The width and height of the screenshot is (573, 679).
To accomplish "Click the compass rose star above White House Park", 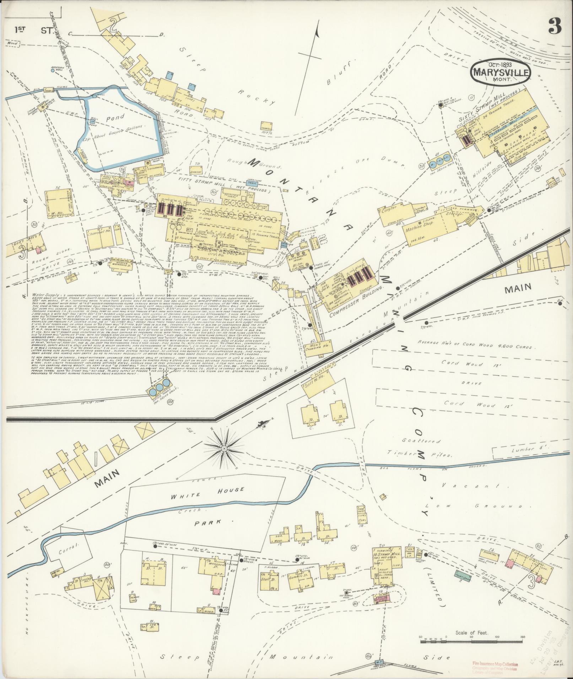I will coord(224,449).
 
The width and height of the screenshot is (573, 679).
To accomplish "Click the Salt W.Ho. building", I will coord(318,385).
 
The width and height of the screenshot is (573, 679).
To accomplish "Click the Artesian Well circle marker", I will coord(53,70).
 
